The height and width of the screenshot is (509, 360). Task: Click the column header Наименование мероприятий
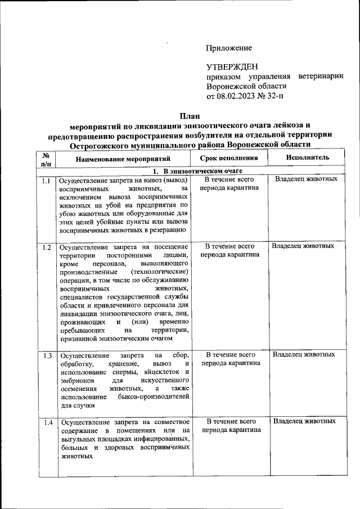pos(123,159)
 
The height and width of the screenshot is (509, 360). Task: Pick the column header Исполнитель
pos(307,158)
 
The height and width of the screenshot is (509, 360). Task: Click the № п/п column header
pos(46,159)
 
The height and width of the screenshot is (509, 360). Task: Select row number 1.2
pos(46,247)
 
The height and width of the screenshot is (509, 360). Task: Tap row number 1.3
pos(46,355)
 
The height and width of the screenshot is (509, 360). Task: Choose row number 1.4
pos(46,422)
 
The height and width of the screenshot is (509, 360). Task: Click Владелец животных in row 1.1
pos(306,179)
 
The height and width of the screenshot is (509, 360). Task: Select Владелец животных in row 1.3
pos(304,354)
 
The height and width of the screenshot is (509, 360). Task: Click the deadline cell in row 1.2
pos(230,250)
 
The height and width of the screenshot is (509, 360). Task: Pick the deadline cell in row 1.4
pos(230,425)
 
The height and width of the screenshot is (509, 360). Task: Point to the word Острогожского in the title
pos(95,145)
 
